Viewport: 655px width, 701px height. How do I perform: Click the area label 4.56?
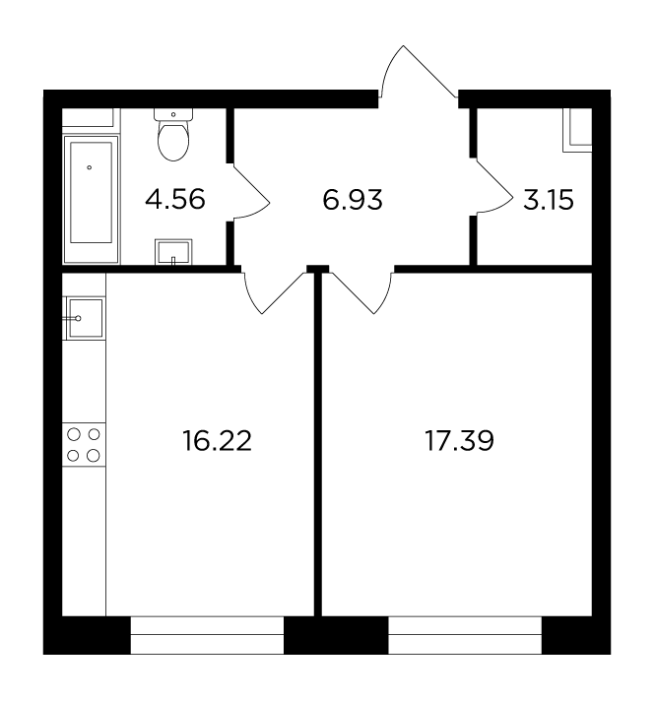[175, 200]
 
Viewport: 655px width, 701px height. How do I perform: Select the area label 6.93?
[352, 200]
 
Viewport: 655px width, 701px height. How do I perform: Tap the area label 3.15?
[548, 200]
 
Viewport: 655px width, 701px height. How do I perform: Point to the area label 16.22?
[217, 441]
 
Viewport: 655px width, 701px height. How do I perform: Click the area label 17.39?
[459, 441]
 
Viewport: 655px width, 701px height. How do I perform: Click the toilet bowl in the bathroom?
[173, 141]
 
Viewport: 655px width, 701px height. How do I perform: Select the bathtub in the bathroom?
[92, 200]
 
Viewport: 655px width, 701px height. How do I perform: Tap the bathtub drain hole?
[90, 167]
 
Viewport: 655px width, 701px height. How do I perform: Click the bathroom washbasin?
[173, 252]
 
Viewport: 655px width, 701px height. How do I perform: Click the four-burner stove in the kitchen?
[84, 445]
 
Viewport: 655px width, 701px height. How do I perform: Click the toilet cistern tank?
[173, 114]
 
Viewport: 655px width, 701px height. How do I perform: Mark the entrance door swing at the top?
[418, 71]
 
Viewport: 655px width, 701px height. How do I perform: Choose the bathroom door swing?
[250, 192]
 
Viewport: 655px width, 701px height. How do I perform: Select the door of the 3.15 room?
[493, 187]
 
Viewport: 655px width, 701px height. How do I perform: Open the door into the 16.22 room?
[274, 291]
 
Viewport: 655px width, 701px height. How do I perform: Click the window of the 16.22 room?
[207, 635]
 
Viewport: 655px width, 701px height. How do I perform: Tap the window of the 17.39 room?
[465, 635]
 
